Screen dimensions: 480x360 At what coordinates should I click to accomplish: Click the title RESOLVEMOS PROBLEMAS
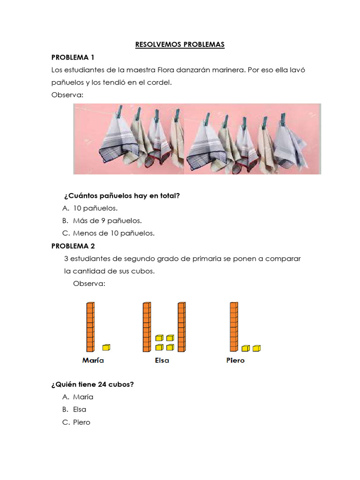(x=180, y=45)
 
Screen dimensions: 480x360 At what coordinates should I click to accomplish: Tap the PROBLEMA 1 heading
(x=73, y=58)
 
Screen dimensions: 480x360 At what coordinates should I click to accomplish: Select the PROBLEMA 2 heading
(x=73, y=246)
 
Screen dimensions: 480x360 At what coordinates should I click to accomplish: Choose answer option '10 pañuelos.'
(x=95, y=208)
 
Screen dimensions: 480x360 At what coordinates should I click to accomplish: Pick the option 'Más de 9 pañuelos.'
(x=107, y=220)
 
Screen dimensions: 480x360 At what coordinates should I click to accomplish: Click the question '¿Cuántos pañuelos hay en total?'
(x=121, y=196)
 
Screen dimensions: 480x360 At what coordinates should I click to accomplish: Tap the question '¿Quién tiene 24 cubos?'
(x=92, y=384)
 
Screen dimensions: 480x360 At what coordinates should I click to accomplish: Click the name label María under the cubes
(x=93, y=360)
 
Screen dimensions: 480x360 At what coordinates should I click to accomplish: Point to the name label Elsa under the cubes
(x=162, y=360)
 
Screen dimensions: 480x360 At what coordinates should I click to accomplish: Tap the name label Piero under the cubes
(x=235, y=360)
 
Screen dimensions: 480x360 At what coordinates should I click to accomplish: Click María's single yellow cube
(x=106, y=347)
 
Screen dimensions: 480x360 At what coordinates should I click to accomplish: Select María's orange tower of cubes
(x=90, y=327)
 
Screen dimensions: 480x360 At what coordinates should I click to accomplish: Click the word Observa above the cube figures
(x=89, y=284)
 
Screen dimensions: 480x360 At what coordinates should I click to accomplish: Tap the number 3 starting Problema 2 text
(x=67, y=259)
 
